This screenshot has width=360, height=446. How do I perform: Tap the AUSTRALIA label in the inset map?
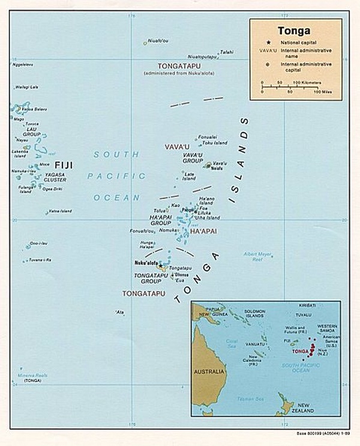tap(210, 372)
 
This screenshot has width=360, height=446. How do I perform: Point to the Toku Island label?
tap(214, 143)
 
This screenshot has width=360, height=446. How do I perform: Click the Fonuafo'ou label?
tap(142, 231)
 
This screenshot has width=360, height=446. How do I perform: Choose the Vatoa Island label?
tap(60, 211)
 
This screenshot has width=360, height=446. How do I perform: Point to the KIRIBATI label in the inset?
tap(308, 305)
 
